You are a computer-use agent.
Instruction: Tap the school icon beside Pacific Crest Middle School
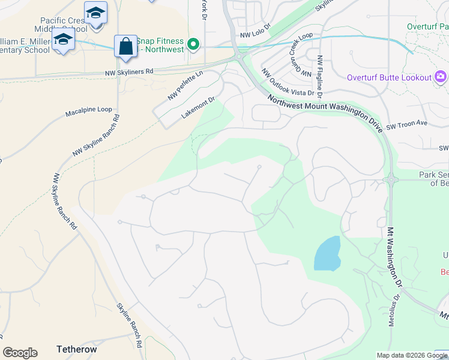coord(95,13)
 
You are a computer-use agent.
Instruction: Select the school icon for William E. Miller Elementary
coord(62,41)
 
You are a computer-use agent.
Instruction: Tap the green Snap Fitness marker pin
coord(193,44)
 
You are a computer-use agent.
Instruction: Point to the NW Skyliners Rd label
coord(128,71)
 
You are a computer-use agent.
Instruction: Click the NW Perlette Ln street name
coord(185,85)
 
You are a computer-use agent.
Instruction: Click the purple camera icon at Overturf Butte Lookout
coord(441,77)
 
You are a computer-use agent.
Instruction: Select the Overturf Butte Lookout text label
coord(389,77)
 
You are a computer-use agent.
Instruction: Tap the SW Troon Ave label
coord(406,123)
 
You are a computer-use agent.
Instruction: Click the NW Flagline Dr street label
coord(321,77)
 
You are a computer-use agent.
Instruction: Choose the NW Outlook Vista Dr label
coord(288,82)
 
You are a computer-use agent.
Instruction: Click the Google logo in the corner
coord(20,353)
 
